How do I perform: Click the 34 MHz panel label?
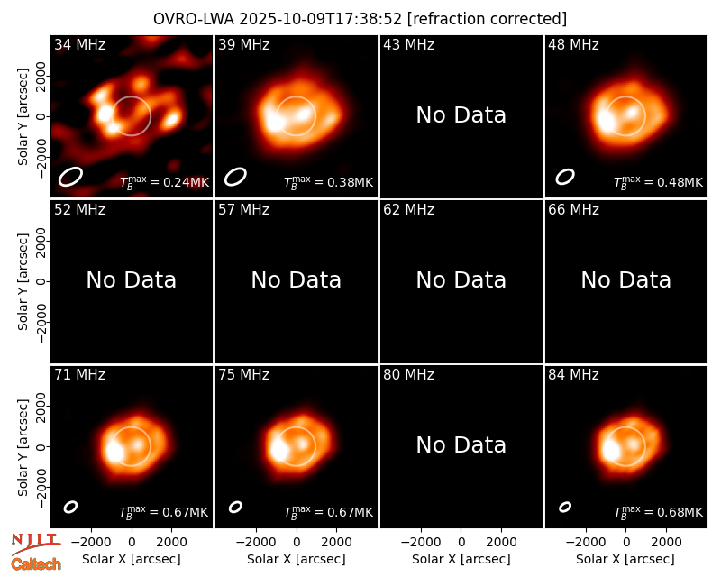pyautogui.click(x=79, y=44)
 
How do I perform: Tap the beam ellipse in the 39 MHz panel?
pyautogui.click(x=235, y=177)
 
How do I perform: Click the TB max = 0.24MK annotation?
pyautogui.click(x=164, y=181)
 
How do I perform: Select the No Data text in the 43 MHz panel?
pyautogui.click(x=461, y=115)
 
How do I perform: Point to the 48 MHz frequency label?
pyautogui.click(x=573, y=44)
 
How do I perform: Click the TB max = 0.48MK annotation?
pyautogui.click(x=658, y=181)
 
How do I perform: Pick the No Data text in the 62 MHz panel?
pyautogui.click(x=461, y=279)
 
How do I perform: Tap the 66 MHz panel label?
pyautogui.click(x=573, y=210)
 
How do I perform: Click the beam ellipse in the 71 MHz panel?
pyautogui.click(x=70, y=507)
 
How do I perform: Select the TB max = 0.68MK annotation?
pyautogui.click(x=658, y=511)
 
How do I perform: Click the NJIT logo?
pyautogui.click(x=35, y=543)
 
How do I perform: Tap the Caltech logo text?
pyautogui.click(x=36, y=564)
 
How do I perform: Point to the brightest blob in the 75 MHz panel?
pyautogui.click(x=278, y=450)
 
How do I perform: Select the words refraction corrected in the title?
pyautogui.click(x=488, y=19)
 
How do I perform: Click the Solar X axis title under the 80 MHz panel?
pyautogui.click(x=461, y=559)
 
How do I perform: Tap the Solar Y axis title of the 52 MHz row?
pyautogui.click(x=23, y=281)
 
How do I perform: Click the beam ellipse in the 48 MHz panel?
pyautogui.click(x=565, y=177)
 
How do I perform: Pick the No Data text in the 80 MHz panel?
pyautogui.click(x=461, y=444)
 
